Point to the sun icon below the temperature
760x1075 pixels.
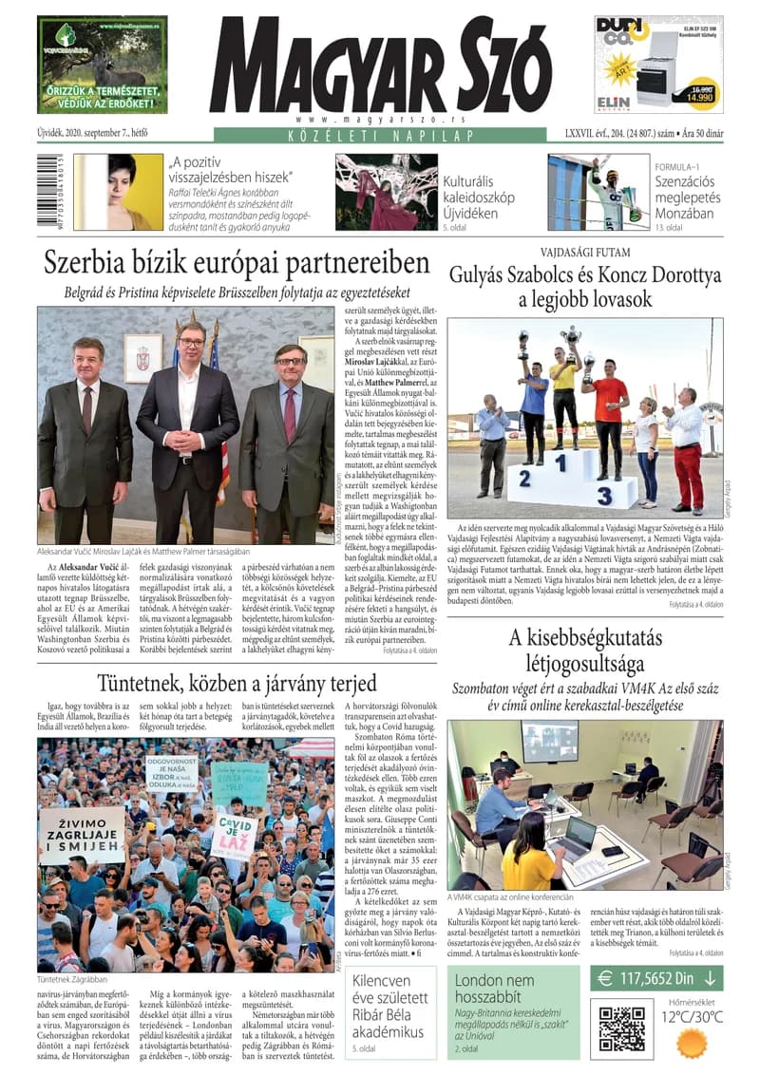(x=691, y=1043)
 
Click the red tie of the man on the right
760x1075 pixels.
(x=289, y=415)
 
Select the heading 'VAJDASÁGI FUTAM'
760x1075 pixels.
(x=584, y=254)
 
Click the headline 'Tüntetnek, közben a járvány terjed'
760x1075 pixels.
(x=237, y=684)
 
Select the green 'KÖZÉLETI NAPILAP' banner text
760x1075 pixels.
(x=380, y=136)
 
